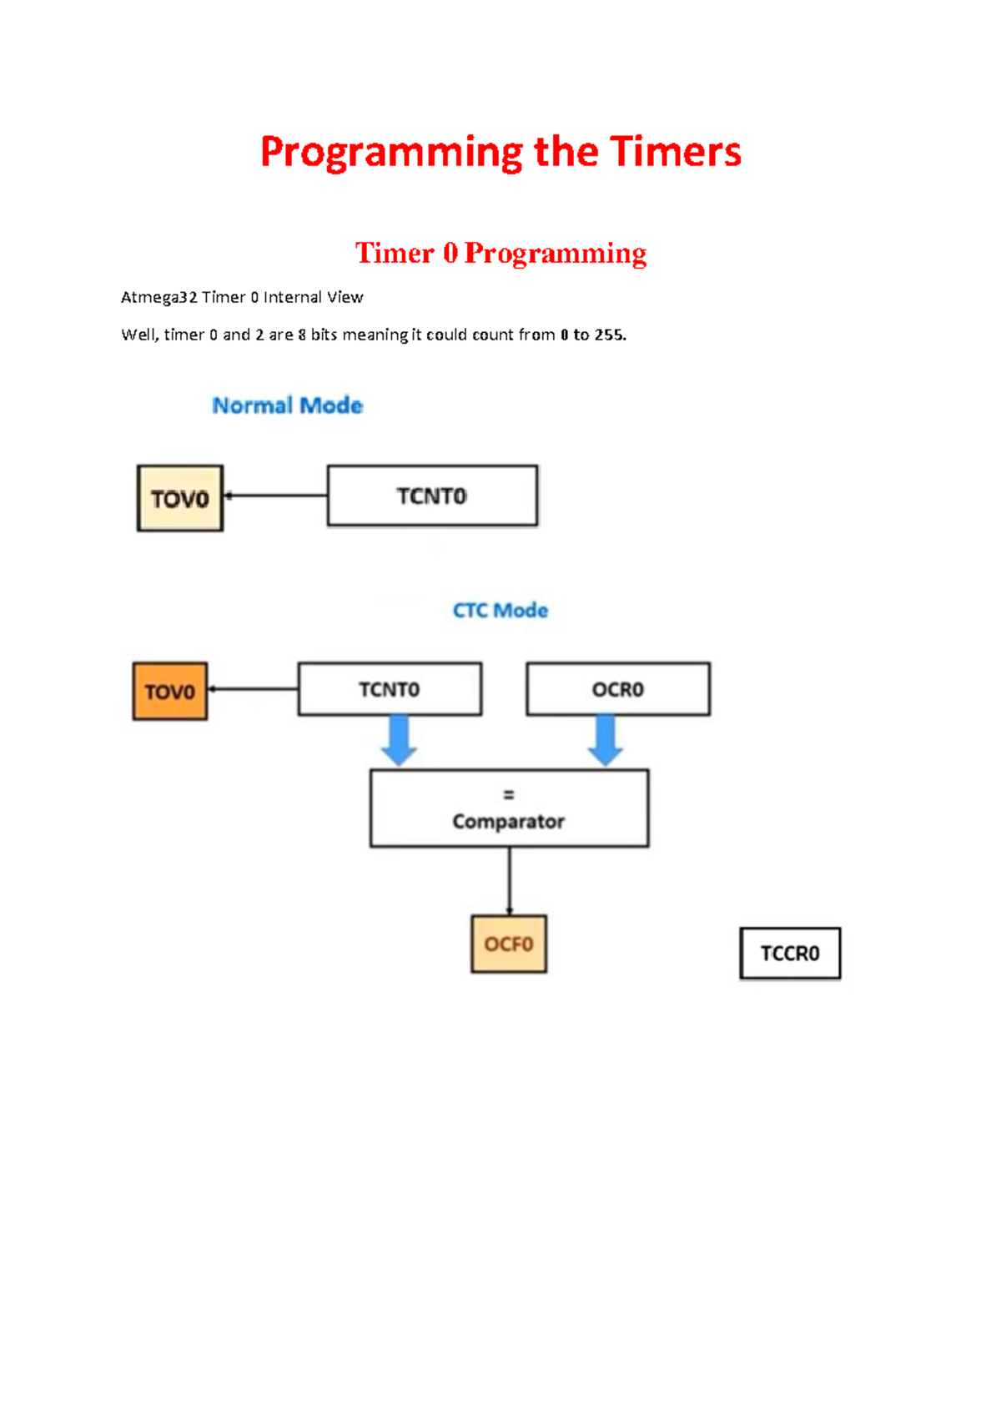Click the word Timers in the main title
tap(675, 153)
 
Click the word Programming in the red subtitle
tap(555, 253)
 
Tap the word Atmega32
tap(158, 298)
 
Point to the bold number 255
tap(609, 335)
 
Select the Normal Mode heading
tap(287, 405)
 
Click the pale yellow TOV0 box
tap(180, 499)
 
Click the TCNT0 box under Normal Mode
tap(432, 496)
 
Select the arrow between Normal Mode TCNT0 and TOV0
tap(275, 496)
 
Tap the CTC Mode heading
tap(500, 611)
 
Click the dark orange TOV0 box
tap(170, 692)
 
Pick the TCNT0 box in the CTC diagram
tap(390, 690)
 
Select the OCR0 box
tap(618, 690)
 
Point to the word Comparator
tap(508, 822)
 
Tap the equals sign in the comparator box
tap(509, 795)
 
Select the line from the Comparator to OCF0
tap(510, 881)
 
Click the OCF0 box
tap(509, 944)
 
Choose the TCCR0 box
tap(790, 954)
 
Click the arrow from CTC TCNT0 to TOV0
tap(253, 689)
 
